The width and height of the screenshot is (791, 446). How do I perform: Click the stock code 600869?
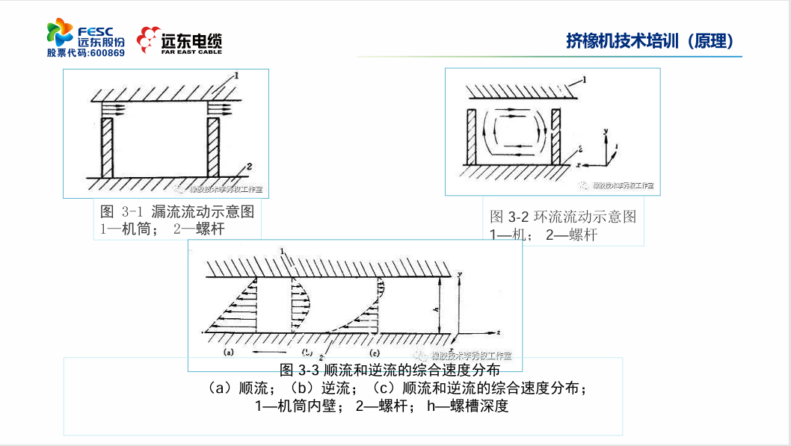107,53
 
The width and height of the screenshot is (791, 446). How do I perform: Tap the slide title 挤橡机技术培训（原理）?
650,40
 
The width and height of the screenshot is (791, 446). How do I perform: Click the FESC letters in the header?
95,31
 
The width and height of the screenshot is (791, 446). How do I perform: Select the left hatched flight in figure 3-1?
106,146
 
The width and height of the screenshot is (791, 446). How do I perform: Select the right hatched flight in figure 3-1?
214,146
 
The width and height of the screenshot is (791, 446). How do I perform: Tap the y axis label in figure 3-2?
607,131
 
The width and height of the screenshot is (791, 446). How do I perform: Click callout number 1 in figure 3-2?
585,78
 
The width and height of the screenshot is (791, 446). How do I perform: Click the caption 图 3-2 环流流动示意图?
563,217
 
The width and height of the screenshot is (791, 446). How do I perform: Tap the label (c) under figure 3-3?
376,351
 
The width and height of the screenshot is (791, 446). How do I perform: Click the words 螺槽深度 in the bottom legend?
478,406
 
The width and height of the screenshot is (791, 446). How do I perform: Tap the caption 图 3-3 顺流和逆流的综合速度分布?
390,370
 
